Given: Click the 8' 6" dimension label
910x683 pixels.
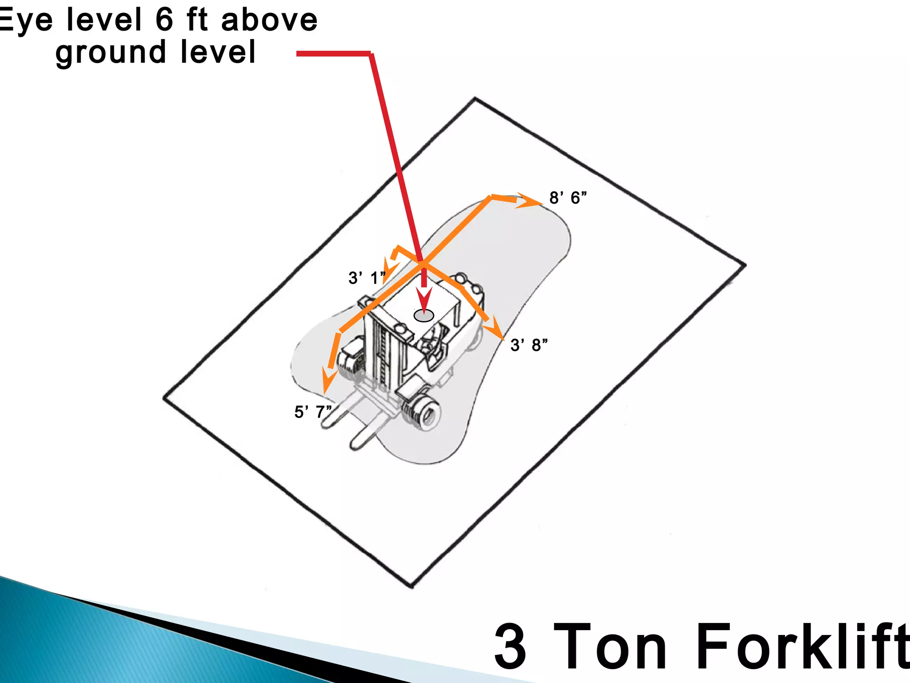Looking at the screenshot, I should tap(567, 198).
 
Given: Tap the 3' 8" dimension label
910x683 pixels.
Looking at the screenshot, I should tap(529, 345).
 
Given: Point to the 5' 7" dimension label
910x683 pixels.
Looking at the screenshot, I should tap(312, 412).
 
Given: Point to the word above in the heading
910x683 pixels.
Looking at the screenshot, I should tap(269, 20).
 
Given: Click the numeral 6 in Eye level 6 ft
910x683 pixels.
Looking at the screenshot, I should tap(164, 20).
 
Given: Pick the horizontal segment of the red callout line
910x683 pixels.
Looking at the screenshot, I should tap(333, 54).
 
